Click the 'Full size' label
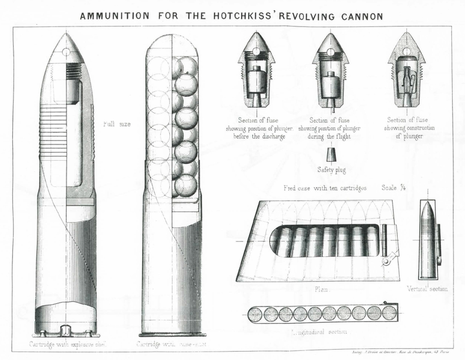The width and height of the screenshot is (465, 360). coord(117,123)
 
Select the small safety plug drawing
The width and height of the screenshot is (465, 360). coord(331,155)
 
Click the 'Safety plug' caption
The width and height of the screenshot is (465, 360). coord(331,170)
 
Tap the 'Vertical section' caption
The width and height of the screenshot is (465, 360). coord(428,288)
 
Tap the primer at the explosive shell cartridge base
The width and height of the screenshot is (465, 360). coord(67,331)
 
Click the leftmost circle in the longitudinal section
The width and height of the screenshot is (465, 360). coord(256,314)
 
